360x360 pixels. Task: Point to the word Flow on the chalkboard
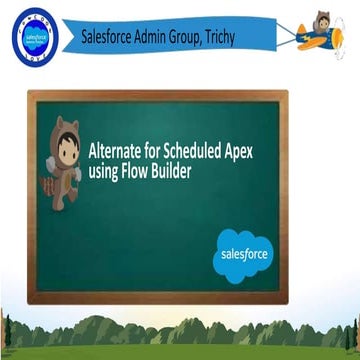[141, 172]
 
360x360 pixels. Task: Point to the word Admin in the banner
[169, 37]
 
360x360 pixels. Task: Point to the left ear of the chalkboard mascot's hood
[58, 124]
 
